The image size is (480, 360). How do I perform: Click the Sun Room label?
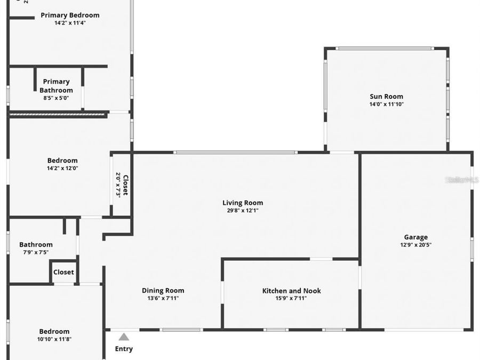386,97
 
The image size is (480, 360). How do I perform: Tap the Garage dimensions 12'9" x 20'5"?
415,245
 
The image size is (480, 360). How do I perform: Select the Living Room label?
243,203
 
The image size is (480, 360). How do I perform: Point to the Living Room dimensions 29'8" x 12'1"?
243,210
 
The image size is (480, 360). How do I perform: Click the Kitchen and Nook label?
291,291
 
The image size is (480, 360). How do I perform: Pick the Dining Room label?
163,291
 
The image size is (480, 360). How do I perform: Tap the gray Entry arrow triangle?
124,337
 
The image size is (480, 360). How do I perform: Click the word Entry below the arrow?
124,349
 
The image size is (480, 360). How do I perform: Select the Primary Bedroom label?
70,15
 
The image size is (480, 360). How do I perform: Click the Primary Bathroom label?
56,86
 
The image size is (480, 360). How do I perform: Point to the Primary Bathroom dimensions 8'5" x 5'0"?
56,98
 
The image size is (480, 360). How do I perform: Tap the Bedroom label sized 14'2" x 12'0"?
62,161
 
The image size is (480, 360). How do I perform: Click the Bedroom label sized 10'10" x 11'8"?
54,331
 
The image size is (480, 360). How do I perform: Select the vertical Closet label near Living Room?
125,185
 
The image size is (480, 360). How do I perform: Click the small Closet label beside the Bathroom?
63,272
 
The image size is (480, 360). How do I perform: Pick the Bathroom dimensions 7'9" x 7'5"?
36,252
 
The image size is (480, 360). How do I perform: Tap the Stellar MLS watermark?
462,180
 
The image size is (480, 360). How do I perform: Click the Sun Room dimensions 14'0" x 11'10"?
386,104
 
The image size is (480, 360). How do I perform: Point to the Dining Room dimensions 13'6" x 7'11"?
163,298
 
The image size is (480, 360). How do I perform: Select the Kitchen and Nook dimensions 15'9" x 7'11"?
291,298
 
